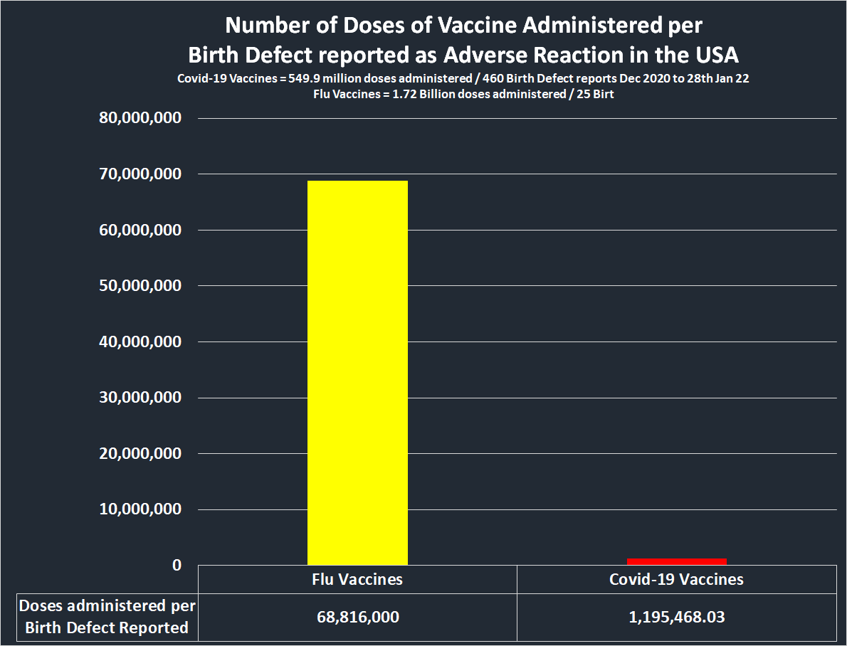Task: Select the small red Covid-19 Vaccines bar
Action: [x=676, y=561]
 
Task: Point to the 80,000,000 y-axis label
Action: [x=142, y=118]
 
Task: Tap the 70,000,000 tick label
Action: [x=142, y=174]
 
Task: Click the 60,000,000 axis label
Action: [x=142, y=230]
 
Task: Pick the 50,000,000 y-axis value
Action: [x=142, y=285]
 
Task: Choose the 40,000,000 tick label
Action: [x=142, y=341]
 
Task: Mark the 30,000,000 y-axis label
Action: [x=142, y=397]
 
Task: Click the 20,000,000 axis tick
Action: [x=142, y=453]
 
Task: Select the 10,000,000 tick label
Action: [x=142, y=509]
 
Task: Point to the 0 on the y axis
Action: [x=177, y=565]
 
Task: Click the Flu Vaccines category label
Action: [x=357, y=580]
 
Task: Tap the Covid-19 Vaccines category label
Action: [x=676, y=580]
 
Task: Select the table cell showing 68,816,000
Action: [x=357, y=617]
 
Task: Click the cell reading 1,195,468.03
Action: [x=676, y=617]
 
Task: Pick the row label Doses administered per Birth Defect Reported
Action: [x=107, y=617]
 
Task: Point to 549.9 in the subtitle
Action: [x=297, y=79]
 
